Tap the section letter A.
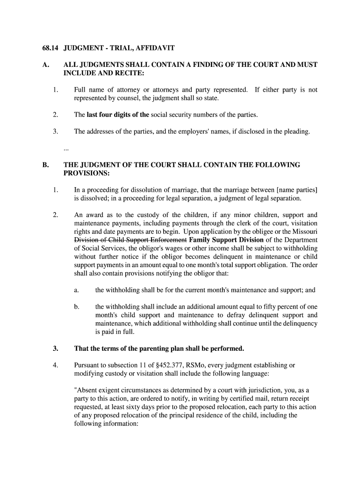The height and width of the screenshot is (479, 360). click(45, 65)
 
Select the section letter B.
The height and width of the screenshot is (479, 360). click(45, 165)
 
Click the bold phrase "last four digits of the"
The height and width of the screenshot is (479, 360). click(118, 115)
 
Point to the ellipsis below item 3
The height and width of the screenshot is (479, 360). click(66, 148)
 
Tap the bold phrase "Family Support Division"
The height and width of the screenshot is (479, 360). click(226, 240)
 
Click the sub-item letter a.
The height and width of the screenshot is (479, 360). click(76, 290)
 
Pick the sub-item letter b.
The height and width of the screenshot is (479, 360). click(76, 307)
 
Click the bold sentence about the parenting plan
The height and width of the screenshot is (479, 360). click(159, 348)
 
